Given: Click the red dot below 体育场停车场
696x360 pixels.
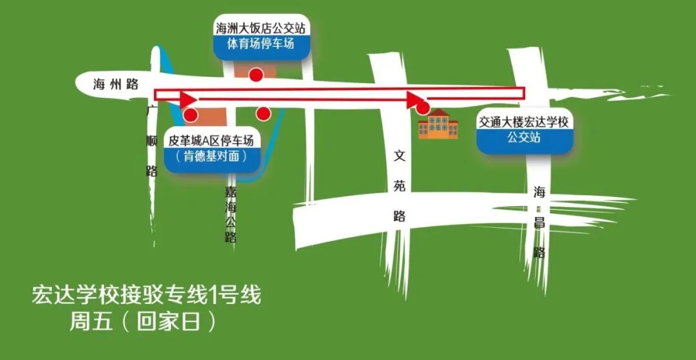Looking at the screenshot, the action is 256,74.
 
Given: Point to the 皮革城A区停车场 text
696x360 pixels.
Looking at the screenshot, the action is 211,140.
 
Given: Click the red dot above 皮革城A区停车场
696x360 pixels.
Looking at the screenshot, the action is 191,116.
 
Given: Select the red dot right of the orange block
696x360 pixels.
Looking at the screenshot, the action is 263,114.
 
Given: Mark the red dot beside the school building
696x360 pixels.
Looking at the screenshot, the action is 423,108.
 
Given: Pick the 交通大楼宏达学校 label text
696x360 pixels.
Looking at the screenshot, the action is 523,122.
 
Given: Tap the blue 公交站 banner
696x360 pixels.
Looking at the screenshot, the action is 523,138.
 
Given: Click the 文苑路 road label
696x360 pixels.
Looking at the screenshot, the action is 400,186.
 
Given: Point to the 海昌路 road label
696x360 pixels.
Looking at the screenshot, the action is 539,222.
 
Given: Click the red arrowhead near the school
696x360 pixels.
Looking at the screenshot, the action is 414,99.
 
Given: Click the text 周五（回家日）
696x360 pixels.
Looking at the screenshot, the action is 143,321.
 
